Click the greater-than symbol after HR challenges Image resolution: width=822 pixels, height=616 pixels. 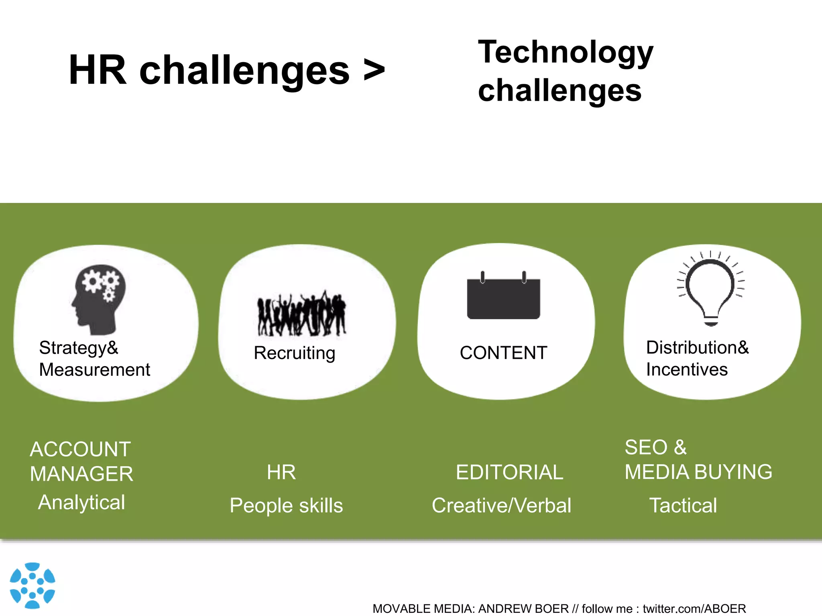[x=374, y=71]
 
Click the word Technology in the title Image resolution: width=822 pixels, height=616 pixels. [x=566, y=52]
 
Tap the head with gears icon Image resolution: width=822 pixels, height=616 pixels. [x=99, y=299]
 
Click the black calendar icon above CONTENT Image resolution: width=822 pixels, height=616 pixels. [x=503, y=297]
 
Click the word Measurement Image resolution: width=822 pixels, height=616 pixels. [x=95, y=369]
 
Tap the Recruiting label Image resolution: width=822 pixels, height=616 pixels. [x=295, y=353]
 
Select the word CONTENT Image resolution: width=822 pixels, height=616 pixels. [x=503, y=353]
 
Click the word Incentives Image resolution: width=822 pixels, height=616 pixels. [x=687, y=369]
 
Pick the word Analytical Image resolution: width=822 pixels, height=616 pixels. [x=82, y=503]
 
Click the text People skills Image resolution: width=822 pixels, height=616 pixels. [x=286, y=505]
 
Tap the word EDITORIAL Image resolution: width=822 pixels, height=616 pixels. [x=509, y=472]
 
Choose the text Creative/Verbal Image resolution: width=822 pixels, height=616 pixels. [x=501, y=505]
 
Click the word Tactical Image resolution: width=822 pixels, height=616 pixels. [x=683, y=505]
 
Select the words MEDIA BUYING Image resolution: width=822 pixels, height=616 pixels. [x=698, y=472]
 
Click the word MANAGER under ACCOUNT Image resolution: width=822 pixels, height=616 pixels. [x=81, y=474]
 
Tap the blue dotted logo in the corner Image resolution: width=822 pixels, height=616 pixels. [x=33, y=585]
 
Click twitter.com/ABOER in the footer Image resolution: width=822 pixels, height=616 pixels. [x=694, y=608]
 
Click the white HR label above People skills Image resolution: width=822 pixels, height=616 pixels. [x=281, y=472]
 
